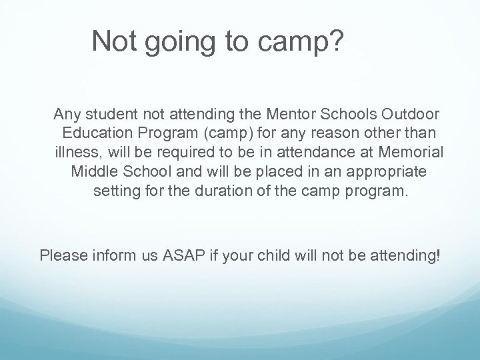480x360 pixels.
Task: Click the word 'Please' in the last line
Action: (x=61, y=255)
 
